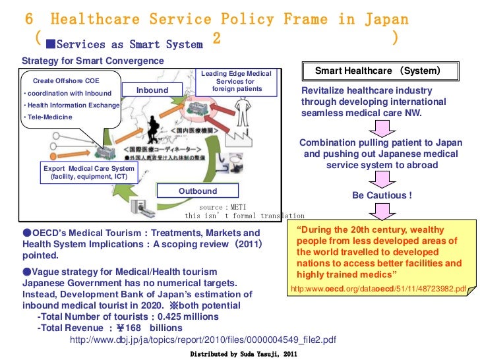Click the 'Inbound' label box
tap(152, 90)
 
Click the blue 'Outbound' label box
tap(198, 191)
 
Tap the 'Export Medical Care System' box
tap(88, 173)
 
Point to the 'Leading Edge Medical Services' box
tap(236, 82)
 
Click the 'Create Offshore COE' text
tap(63, 80)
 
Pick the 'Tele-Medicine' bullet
tap(49, 117)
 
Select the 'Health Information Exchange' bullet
tap(71, 105)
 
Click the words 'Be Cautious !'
tap(382, 195)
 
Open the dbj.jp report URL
tap(203, 340)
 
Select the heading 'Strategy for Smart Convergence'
tap(83, 61)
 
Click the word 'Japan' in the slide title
tap(385, 20)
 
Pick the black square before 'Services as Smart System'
tap(50, 44)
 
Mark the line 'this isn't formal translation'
tap(245, 216)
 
